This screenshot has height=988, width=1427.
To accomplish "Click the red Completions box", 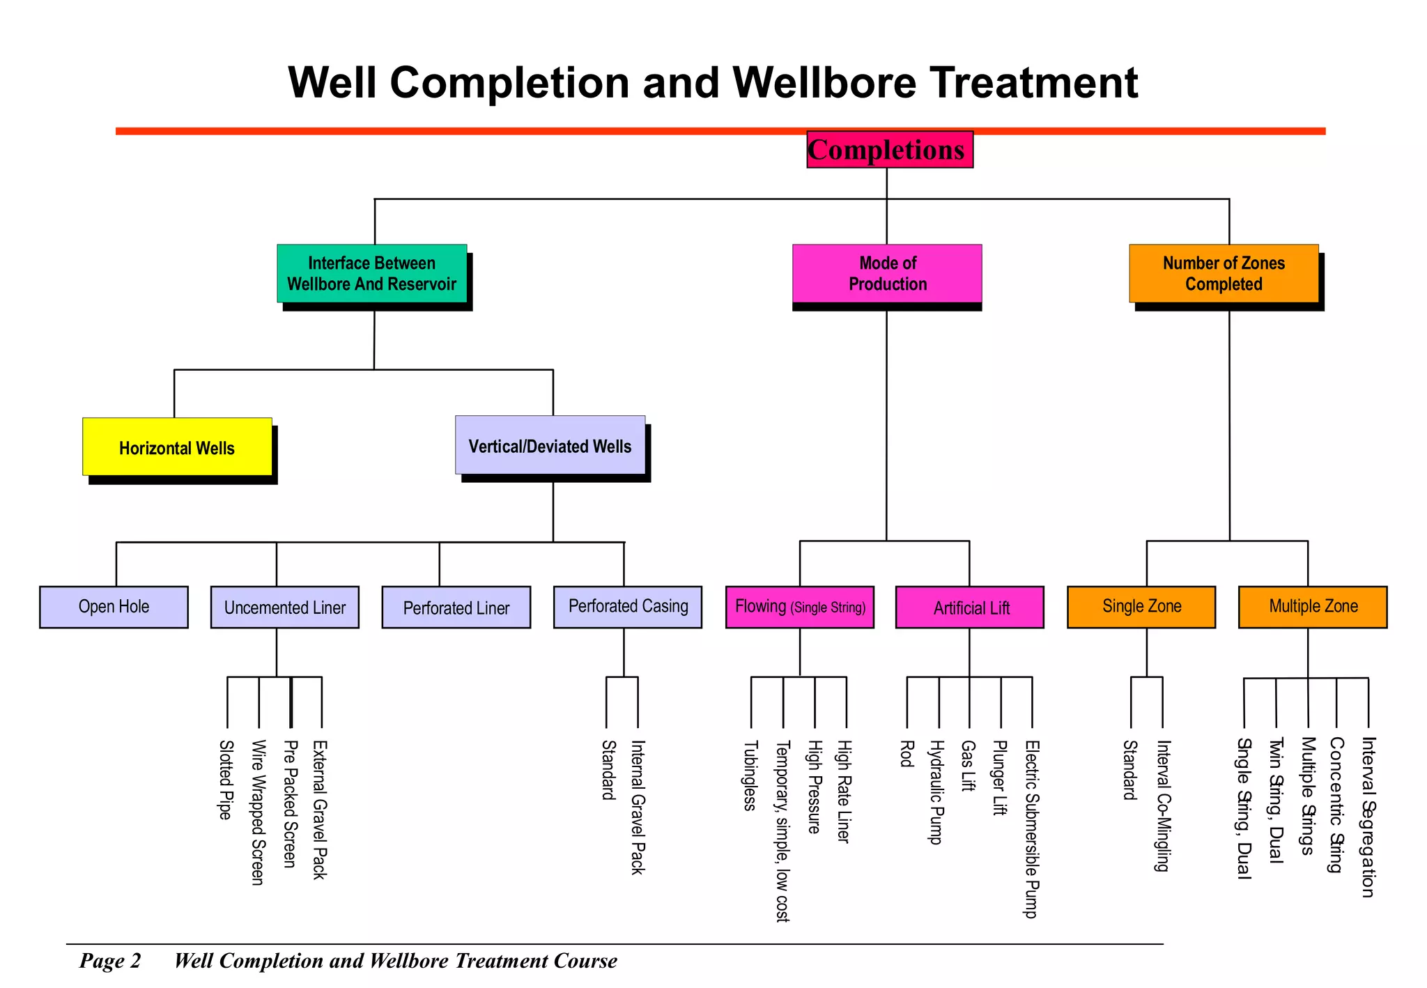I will pos(889,150).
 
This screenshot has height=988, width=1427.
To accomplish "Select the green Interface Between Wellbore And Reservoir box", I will pos(372,273).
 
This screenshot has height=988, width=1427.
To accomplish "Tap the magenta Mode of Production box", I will pos(887,273).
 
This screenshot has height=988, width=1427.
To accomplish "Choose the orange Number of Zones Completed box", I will pos(1224,273).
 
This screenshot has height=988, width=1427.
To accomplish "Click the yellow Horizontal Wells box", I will pos(177,447).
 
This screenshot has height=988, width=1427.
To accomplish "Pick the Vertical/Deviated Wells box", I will pos(550,446).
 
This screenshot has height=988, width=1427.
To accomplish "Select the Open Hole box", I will pos(114,607).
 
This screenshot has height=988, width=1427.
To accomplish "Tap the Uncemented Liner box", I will pos(284,608).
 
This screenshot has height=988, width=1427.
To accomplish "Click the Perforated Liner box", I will pos(456,608).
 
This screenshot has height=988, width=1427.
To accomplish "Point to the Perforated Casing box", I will pos(628,607).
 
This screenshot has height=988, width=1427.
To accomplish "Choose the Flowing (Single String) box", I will pos(799,607).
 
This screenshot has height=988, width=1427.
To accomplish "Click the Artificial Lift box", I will pos(970,608).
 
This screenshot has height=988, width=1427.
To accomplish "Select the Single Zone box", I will pos(1141,607).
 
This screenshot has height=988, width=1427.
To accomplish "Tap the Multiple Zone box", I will pos(1313,607).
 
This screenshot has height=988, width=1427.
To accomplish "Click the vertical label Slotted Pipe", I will pos(225,780).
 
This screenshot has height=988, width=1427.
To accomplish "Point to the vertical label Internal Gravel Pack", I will pos(637,807).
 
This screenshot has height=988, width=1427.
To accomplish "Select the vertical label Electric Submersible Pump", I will pos(1031,828).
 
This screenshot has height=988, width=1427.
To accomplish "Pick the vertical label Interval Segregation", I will pos(1368,817).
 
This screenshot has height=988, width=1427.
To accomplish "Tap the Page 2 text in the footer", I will pos(110,961).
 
